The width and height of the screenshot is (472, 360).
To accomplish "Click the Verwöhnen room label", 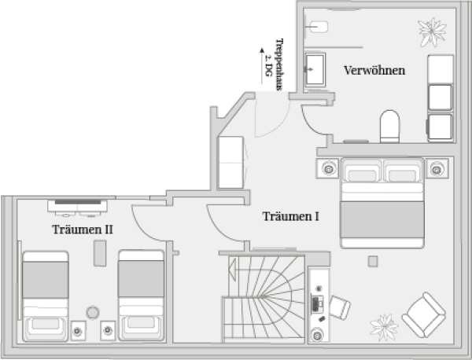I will coord(374,70).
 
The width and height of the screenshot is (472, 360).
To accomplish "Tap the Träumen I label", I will coord(290,216).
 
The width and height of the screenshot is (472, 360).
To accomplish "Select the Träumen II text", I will coord(83,230).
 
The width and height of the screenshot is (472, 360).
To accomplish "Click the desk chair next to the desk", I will coord(341,307).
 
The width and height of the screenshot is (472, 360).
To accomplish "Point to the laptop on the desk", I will coord(317,303).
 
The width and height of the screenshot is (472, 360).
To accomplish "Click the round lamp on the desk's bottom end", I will coord(317,334).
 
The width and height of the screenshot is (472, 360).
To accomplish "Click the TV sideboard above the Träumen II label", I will coord(77,207).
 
